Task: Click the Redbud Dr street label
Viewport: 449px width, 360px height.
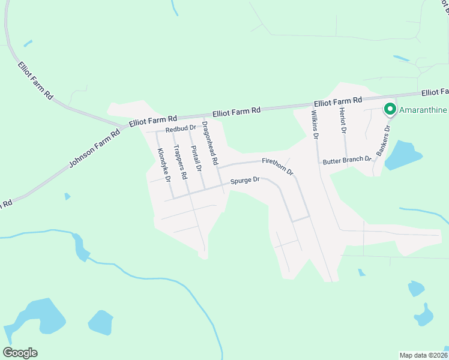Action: click(x=181, y=128)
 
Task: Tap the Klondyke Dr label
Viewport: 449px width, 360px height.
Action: click(x=164, y=165)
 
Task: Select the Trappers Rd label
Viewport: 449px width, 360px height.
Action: click(x=180, y=163)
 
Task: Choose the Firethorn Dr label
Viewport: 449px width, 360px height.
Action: click(x=277, y=166)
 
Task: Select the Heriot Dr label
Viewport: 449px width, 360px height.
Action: click(x=343, y=121)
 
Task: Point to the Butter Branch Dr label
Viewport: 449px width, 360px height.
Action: click(x=348, y=161)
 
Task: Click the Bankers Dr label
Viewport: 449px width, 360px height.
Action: click(x=383, y=141)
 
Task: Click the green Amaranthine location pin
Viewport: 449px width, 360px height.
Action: click(x=390, y=109)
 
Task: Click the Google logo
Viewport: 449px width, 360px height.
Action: click(x=20, y=353)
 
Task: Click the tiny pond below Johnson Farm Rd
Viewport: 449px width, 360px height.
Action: click(x=67, y=196)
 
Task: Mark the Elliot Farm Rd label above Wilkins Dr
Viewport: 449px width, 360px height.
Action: click(x=338, y=101)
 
